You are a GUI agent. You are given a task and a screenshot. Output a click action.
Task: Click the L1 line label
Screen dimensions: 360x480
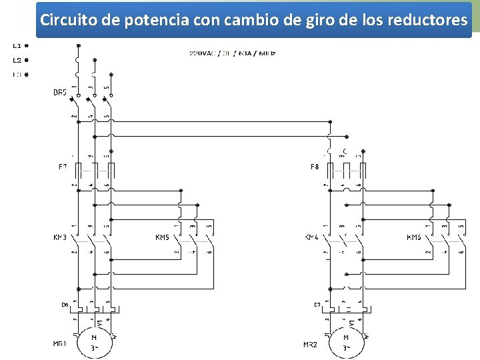pyautogui.click(x=16, y=46)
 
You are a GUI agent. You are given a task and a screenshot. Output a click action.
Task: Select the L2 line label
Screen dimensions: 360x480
pyautogui.click(x=16, y=60)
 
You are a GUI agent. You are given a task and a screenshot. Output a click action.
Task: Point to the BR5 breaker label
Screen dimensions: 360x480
pyautogui.click(x=60, y=93)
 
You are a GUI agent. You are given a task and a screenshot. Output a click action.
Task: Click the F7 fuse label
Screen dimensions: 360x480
pyautogui.click(x=63, y=166)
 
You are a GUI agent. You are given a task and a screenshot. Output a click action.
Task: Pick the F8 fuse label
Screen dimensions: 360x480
pyautogui.click(x=314, y=166)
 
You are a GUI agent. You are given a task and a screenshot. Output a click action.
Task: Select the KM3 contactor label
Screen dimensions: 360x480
pyautogui.click(x=60, y=237)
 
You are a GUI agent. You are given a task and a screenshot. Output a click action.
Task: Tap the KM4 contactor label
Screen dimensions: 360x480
pyautogui.click(x=311, y=237)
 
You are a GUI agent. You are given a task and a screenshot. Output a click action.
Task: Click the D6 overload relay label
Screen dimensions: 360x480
pyautogui.click(x=65, y=305)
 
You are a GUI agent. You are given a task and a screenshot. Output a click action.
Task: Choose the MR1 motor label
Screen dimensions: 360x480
pyautogui.click(x=60, y=344)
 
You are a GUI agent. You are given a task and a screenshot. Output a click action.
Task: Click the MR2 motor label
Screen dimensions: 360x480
pyautogui.click(x=310, y=344)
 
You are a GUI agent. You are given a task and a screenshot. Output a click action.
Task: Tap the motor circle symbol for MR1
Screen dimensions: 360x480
pyautogui.click(x=95, y=341)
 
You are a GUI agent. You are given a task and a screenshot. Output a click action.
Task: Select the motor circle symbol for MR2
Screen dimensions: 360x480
pyautogui.click(x=346, y=341)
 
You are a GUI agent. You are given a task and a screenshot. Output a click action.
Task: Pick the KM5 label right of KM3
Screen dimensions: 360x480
pyautogui.click(x=162, y=237)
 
